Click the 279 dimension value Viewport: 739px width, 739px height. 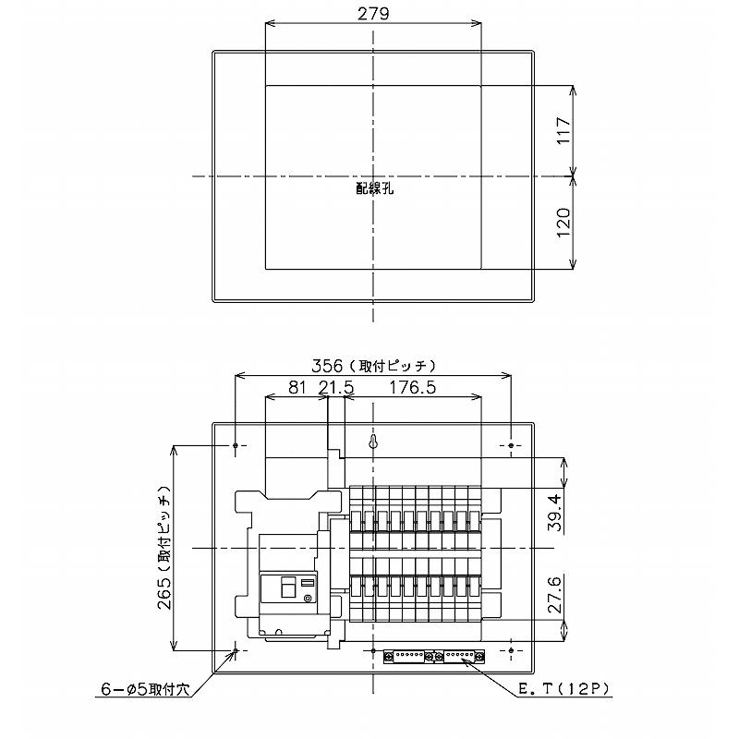pyautogui.click(x=373, y=13)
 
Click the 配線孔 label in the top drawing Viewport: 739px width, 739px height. pyautogui.click(x=374, y=188)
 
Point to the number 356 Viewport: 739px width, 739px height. pyautogui.click(x=328, y=365)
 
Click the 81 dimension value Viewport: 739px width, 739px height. pyautogui.click(x=296, y=388)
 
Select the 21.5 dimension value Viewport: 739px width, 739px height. pyautogui.click(x=335, y=388)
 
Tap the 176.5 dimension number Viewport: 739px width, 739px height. pyautogui.click(x=412, y=388)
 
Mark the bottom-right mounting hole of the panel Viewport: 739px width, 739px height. pyautogui.click(x=512, y=652)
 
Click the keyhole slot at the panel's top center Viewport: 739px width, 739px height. pyautogui.click(x=374, y=442)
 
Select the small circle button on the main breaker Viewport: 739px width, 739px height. pyautogui.click(x=308, y=598)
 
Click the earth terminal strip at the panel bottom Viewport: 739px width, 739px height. pyautogui.click(x=433, y=655)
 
